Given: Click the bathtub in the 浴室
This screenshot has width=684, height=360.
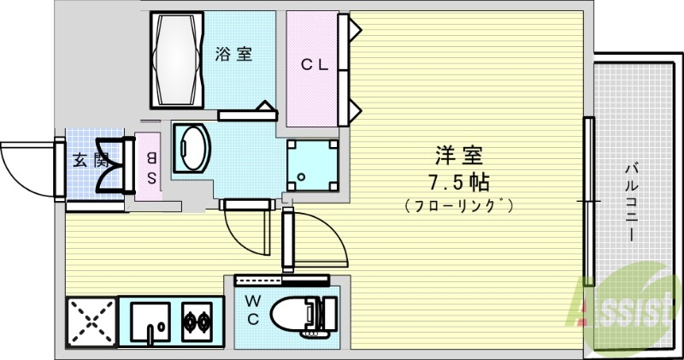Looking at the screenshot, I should pyautogui.click(x=179, y=58).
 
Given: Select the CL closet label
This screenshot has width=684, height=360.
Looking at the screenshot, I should pyautogui.click(x=314, y=65).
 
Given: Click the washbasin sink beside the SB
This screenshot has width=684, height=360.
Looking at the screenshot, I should pyautogui.click(x=190, y=148).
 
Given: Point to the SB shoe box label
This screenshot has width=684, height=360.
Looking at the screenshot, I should pyautogui.click(x=150, y=168).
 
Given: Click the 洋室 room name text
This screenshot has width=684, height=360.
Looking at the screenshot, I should pyautogui.click(x=459, y=156).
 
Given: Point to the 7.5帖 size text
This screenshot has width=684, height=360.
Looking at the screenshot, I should pyautogui.click(x=459, y=182).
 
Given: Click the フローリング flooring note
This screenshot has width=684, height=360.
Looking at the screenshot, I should pyautogui.click(x=459, y=205).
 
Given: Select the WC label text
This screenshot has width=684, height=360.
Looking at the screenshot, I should pyautogui.click(x=254, y=310).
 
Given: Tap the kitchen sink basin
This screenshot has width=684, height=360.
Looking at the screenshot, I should pyautogui.click(x=150, y=322).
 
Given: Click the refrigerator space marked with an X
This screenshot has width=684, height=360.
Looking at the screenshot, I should pyautogui.click(x=90, y=323).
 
